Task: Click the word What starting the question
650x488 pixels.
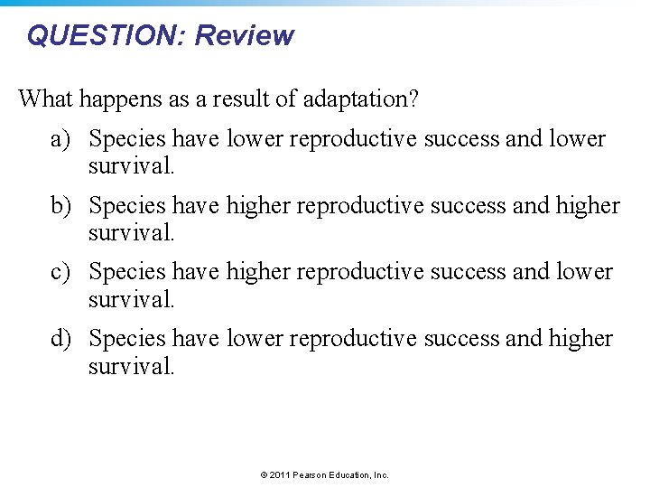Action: [x=47, y=98]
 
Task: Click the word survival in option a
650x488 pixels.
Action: [x=129, y=167]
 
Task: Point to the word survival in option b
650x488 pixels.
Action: [x=129, y=233]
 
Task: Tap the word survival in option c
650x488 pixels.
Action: [x=129, y=299]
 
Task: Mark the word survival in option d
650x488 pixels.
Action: [x=129, y=366]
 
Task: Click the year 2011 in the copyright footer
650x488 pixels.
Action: [x=280, y=474]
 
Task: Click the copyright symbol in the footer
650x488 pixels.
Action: [x=264, y=474]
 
